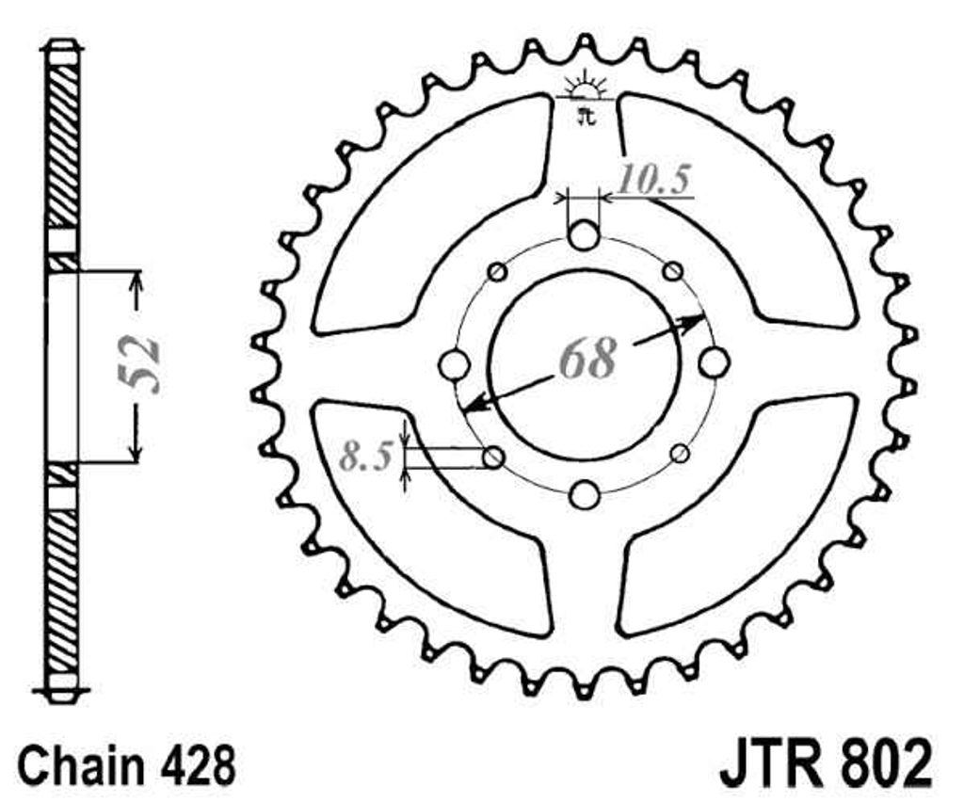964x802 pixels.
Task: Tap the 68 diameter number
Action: [587, 358]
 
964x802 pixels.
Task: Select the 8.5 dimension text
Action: [366, 456]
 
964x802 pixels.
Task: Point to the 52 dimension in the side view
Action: [144, 364]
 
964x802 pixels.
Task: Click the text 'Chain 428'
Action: [127, 764]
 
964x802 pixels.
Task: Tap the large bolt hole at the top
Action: [584, 235]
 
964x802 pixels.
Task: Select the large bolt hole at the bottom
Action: [584, 495]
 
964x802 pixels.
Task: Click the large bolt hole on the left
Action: [456, 364]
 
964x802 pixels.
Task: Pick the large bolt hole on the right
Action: [715, 361]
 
